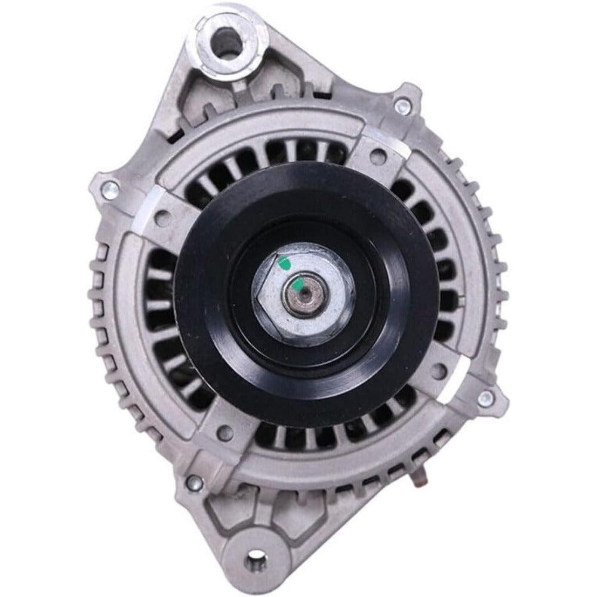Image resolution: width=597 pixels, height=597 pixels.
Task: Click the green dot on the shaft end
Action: (x=297, y=280)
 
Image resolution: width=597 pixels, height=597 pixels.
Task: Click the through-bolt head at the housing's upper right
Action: (x=402, y=107)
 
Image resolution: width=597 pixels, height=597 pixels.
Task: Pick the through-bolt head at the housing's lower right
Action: (x=486, y=397)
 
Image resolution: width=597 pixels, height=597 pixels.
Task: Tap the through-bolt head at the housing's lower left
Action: (x=192, y=482)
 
